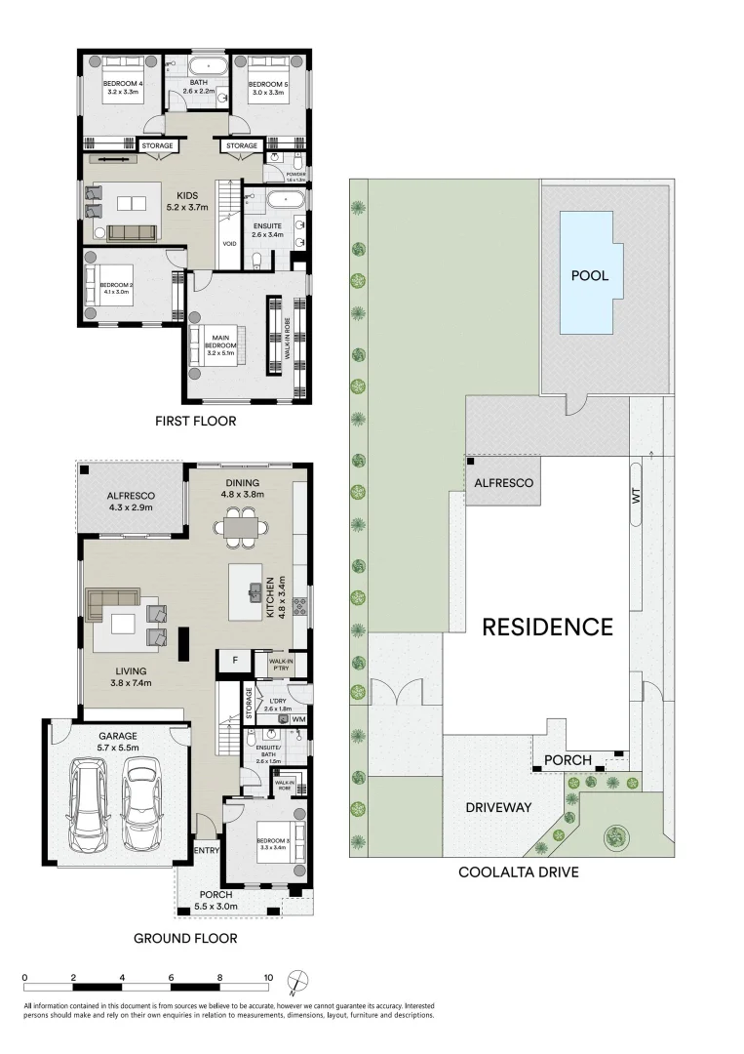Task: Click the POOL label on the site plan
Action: tap(590, 276)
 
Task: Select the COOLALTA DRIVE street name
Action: tap(519, 872)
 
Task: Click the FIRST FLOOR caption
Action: tap(195, 422)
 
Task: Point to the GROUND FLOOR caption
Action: tap(185, 939)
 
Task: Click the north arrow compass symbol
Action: tap(302, 980)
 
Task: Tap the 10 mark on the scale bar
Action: tap(267, 976)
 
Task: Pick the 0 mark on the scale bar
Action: tap(24, 976)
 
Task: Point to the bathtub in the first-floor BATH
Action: tap(206, 67)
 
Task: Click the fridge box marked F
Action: tap(233, 662)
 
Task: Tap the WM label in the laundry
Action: tap(298, 719)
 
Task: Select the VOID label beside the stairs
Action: tap(228, 244)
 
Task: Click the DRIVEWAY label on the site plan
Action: tap(497, 807)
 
